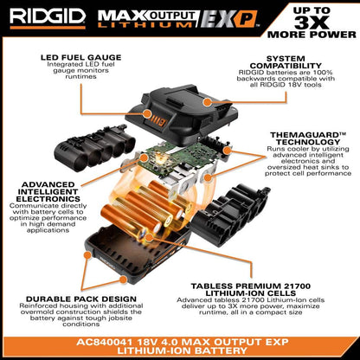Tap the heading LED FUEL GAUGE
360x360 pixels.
coord(80,58)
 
